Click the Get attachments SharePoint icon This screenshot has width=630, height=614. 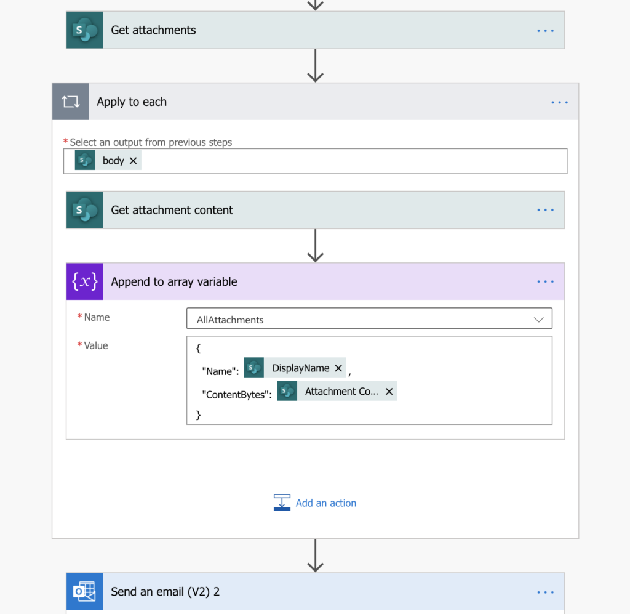pyautogui.click(x=85, y=30)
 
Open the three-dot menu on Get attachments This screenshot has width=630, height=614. pyautogui.click(x=545, y=31)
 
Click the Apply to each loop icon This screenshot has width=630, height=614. pyautogui.click(x=71, y=102)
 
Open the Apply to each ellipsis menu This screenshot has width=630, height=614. pyautogui.click(x=559, y=102)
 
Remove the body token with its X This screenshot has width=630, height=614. pyautogui.click(x=133, y=161)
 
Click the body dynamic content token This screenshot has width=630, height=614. pyautogui.click(x=108, y=161)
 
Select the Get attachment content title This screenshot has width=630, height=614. pyautogui.click(x=172, y=210)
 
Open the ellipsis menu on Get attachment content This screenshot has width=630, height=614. pyautogui.click(x=545, y=210)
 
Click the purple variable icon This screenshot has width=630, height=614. pyautogui.click(x=85, y=281)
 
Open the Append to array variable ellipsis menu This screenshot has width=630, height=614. pyautogui.click(x=545, y=281)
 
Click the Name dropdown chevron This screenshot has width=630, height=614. pyautogui.click(x=539, y=320)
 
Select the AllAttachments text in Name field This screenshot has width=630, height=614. pyautogui.click(x=230, y=320)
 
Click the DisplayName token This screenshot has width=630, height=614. pyautogui.click(x=295, y=368)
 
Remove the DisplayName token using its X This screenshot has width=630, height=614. pyautogui.click(x=338, y=368)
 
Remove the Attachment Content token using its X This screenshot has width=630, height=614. pyautogui.click(x=389, y=391)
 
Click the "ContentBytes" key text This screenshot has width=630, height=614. pyautogui.click(x=237, y=395)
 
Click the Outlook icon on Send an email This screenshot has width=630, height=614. pyautogui.click(x=85, y=591)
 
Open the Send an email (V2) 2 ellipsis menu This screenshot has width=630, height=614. pyautogui.click(x=545, y=592)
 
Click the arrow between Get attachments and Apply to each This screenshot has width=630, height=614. pyautogui.click(x=316, y=65)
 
